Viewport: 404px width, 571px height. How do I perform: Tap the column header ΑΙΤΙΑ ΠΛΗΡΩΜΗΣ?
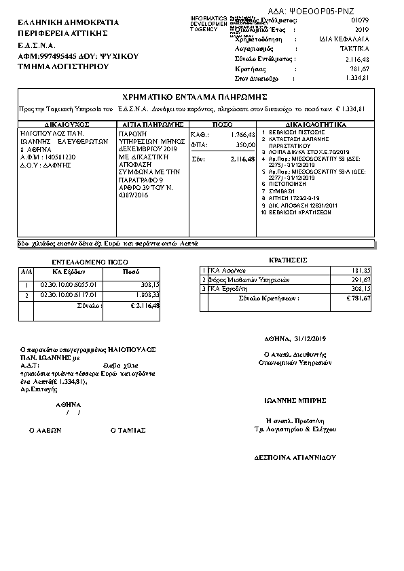click(x=151, y=125)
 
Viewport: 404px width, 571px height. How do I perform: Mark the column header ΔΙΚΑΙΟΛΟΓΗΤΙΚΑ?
click(x=315, y=125)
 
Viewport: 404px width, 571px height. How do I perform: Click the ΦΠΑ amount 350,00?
click(x=245, y=144)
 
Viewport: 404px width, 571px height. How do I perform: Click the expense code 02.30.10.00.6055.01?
click(x=69, y=285)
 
